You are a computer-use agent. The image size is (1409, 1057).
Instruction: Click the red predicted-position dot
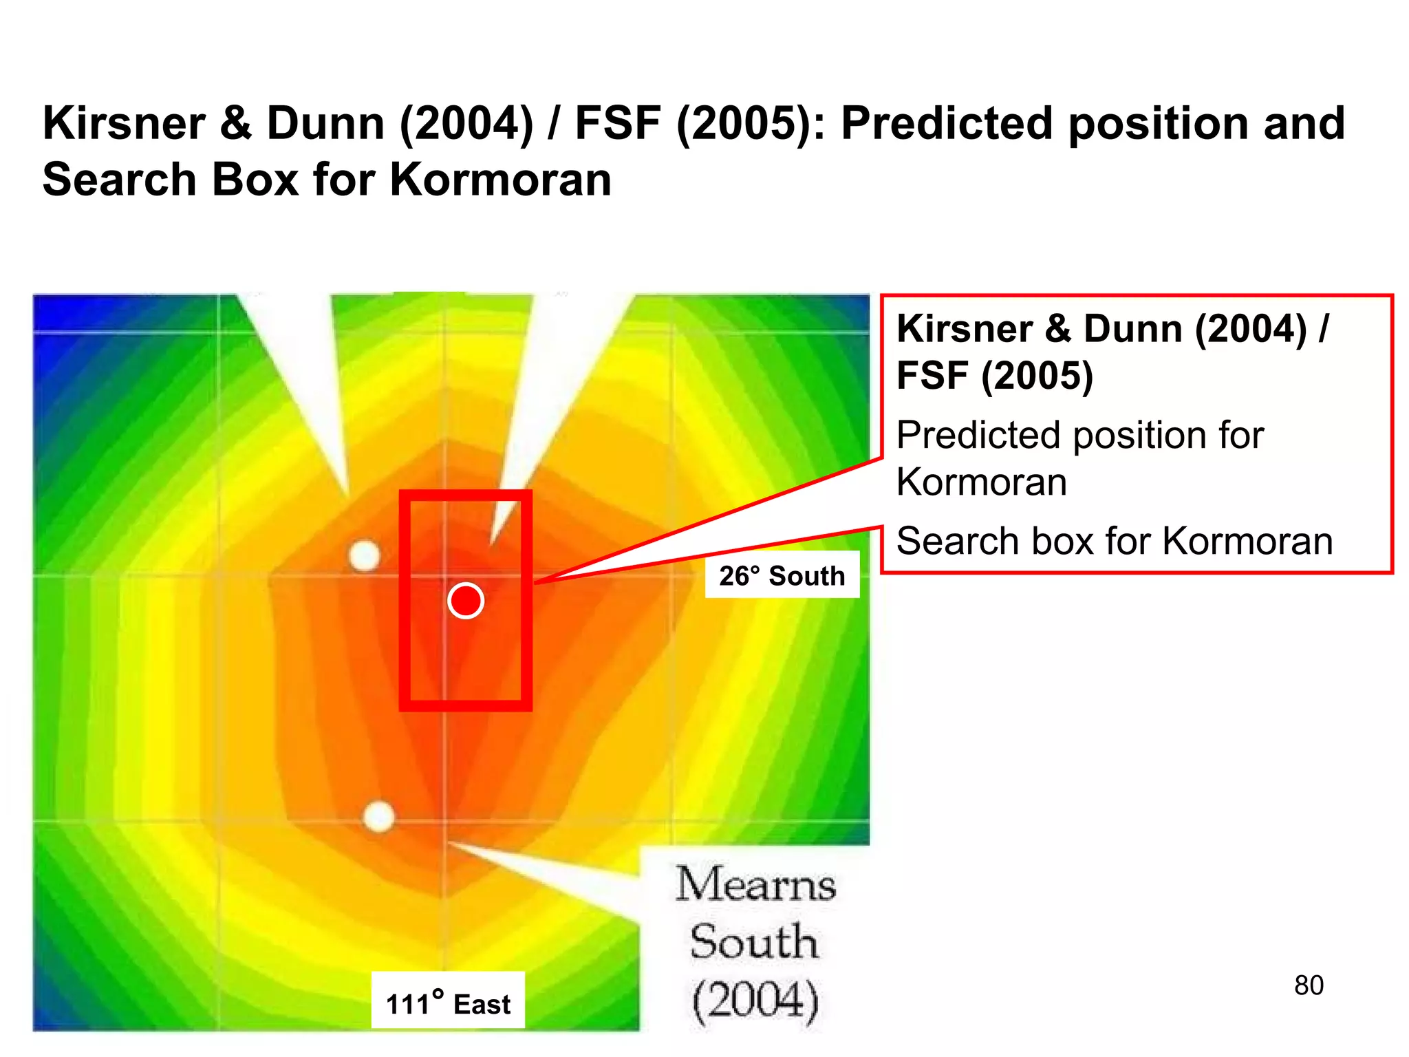point(466,601)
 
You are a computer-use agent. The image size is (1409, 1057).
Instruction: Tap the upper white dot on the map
point(365,555)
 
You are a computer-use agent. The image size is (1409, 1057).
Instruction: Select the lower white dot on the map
point(378,817)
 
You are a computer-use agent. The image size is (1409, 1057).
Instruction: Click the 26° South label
point(782,575)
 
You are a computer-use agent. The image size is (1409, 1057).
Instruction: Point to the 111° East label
point(448,1003)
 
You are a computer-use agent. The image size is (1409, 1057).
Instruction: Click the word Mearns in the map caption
point(755,884)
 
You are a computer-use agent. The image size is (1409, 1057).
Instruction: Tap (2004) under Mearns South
point(755,1000)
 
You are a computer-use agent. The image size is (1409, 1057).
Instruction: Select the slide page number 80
point(1309,985)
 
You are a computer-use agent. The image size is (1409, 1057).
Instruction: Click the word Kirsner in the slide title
point(125,124)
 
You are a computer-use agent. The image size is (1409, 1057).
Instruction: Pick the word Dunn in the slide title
point(325,124)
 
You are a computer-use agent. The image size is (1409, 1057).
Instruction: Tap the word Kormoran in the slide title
point(500,180)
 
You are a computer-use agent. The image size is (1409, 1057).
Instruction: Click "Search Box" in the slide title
point(171,180)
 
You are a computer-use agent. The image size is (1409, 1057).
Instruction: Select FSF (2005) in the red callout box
point(994,376)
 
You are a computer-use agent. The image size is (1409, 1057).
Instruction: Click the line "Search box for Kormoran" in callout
point(1115,541)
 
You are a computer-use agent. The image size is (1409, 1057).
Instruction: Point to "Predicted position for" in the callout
point(1080,436)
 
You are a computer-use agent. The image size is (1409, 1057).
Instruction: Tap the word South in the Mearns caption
point(755,942)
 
